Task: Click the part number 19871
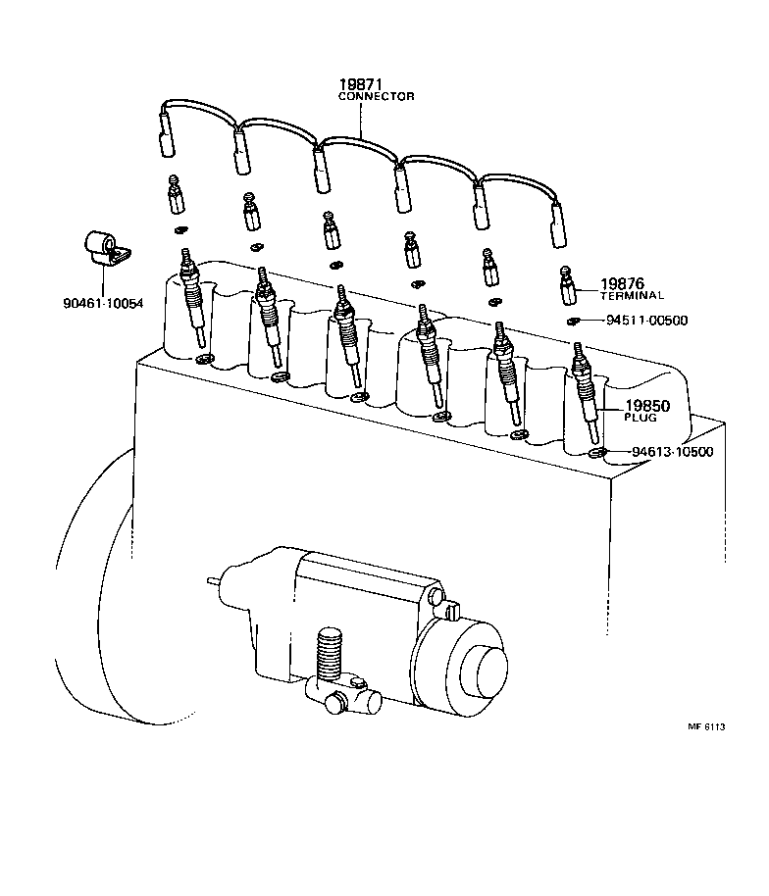coord(360,85)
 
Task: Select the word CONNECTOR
coord(376,97)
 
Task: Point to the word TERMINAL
coord(632,295)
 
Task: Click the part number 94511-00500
coord(646,321)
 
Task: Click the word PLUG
coord(640,417)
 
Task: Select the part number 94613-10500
coord(672,452)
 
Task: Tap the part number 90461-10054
coord(97,303)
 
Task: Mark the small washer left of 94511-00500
coord(573,321)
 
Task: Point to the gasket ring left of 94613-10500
coord(596,453)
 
